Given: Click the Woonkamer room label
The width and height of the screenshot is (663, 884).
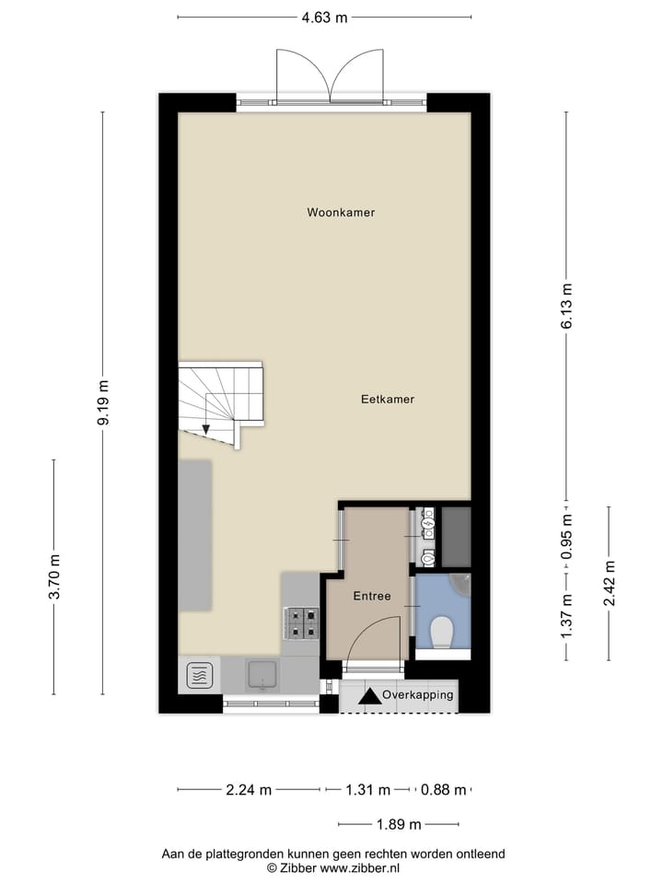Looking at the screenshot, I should (x=341, y=212).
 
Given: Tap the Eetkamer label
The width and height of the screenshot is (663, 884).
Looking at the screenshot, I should (x=387, y=400).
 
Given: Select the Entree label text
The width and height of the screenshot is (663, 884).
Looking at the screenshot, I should (x=372, y=596).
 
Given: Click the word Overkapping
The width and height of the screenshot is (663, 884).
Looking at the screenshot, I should (x=418, y=695).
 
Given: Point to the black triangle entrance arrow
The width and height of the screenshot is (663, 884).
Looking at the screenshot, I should (x=369, y=697).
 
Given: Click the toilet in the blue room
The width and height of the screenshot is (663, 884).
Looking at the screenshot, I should (x=441, y=633).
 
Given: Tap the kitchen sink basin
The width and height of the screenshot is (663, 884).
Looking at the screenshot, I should (x=262, y=675).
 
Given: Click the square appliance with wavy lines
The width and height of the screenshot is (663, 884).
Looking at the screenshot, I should (x=200, y=676).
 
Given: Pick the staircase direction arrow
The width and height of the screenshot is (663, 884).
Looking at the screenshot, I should (x=206, y=426).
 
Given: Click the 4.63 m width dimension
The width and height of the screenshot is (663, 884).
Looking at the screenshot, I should (x=324, y=17).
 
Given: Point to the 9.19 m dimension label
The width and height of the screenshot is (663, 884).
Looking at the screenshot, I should (x=103, y=402).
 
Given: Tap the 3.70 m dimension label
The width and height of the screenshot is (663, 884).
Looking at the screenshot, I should (x=54, y=577).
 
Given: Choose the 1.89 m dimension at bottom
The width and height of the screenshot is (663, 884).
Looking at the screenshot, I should (x=398, y=824).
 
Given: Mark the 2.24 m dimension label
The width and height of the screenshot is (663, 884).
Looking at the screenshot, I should (x=249, y=789).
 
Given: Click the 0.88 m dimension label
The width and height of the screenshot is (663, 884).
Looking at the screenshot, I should (x=444, y=789).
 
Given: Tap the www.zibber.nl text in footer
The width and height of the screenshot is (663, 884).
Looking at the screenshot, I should (x=360, y=867).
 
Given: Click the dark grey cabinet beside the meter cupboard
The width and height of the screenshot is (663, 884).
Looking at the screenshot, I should (x=456, y=537).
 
